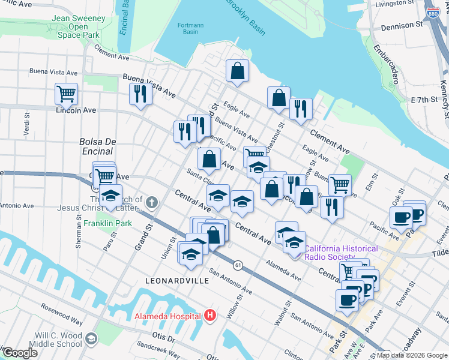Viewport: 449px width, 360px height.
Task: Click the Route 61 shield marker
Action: (x=238, y=265)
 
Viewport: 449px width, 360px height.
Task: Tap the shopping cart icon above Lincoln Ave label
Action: (x=66, y=93)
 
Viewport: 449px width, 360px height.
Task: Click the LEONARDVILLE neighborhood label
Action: (x=177, y=280)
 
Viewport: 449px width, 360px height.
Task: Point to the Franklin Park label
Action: (x=107, y=223)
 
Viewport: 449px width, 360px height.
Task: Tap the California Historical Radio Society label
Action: (x=341, y=253)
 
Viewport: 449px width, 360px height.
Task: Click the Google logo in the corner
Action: (x=19, y=353)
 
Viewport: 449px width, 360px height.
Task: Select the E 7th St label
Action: (x=424, y=98)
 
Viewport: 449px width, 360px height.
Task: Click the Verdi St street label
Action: (x=26, y=123)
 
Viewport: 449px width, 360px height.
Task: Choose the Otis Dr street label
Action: (x=163, y=338)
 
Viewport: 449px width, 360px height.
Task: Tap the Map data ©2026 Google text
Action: (x=412, y=355)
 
